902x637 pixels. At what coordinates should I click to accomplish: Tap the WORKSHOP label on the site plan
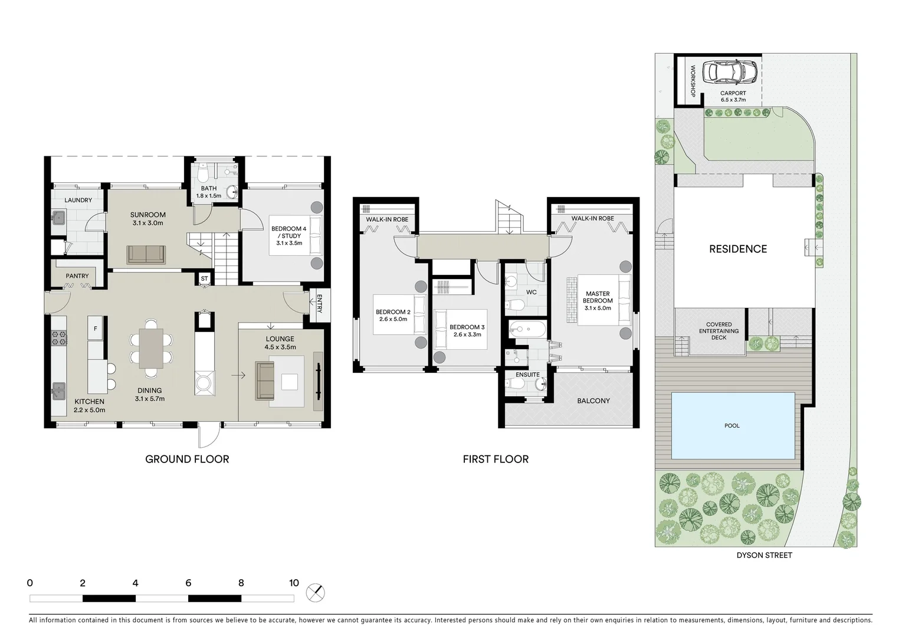(x=693, y=81)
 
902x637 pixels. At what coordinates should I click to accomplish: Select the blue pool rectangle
(x=732, y=425)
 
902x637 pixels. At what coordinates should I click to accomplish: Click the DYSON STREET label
(x=764, y=555)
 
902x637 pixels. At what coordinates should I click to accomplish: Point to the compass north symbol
(x=316, y=592)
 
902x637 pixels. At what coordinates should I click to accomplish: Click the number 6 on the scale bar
(x=188, y=583)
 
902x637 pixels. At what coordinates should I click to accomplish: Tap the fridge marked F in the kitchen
(x=95, y=328)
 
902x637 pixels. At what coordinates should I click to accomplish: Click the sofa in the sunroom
(x=147, y=255)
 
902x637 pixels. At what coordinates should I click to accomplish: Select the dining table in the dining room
(x=151, y=348)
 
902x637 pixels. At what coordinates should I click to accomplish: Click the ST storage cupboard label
(x=204, y=278)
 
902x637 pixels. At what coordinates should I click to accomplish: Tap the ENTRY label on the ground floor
(x=319, y=303)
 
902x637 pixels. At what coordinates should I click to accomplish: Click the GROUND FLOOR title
(x=187, y=459)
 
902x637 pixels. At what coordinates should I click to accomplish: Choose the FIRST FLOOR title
(x=496, y=459)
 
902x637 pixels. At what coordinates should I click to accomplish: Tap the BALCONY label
(x=593, y=400)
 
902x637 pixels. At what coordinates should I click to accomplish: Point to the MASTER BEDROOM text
(x=598, y=297)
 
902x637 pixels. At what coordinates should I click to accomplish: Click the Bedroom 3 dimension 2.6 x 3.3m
(x=467, y=334)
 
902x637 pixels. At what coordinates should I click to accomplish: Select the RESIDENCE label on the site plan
(x=738, y=249)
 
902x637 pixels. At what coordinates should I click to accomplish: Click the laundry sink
(x=58, y=218)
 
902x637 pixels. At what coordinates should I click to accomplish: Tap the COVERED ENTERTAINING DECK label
(x=719, y=331)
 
